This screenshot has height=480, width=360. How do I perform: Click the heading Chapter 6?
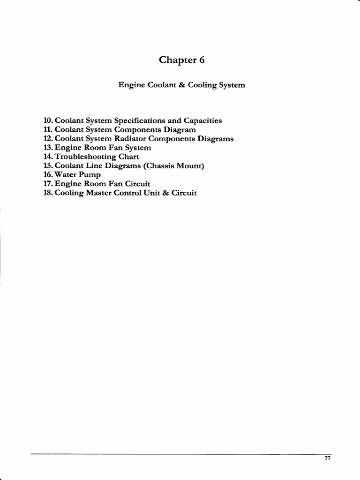182,60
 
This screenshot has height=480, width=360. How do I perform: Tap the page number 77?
328,458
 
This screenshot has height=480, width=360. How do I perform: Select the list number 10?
48,121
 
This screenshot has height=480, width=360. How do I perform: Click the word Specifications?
140,121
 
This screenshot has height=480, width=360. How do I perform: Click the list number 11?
48,130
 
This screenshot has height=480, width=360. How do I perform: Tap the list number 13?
48,148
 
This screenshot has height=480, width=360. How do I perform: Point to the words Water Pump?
78,175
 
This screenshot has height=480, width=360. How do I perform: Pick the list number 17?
48,184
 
